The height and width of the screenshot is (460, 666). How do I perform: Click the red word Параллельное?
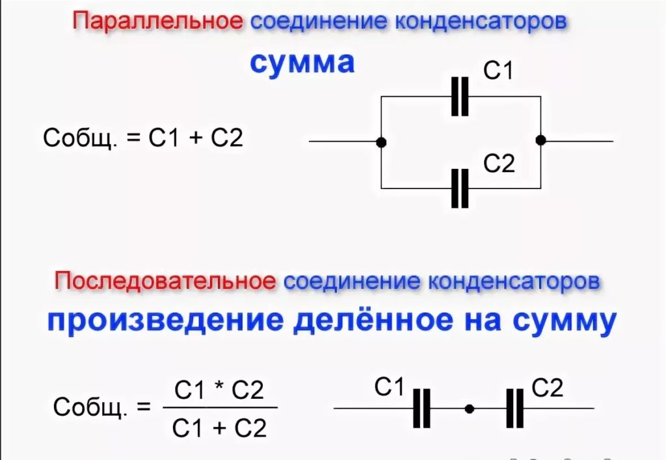158,21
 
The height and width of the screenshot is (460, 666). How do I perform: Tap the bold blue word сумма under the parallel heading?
302,63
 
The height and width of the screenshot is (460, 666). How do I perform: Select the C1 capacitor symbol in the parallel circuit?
460,96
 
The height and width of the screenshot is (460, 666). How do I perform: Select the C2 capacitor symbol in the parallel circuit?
460,188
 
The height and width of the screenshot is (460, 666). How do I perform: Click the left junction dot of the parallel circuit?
382,142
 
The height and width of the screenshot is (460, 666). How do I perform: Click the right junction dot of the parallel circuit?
540,140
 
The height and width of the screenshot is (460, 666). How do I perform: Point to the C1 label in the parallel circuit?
498,71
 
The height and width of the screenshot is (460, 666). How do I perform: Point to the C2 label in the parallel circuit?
499,164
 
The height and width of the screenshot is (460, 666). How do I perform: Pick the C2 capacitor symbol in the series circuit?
514,409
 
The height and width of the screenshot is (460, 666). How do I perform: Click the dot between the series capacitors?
469,409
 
